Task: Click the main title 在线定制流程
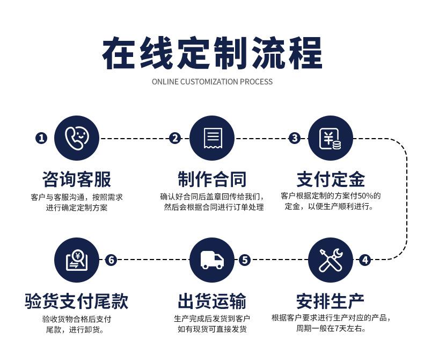click(212, 53)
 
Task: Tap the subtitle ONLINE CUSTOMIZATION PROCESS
click(212, 82)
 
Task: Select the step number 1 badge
click(41, 138)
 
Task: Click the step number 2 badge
click(175, 138)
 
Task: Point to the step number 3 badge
click(295, 138)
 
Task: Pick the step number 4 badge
click(365, 260)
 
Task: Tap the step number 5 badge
click(245, 260)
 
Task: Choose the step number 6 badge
click(111, 260)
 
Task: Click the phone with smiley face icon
click(77, 138)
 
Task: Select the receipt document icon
click(212, 138)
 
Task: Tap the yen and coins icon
click(331, 138)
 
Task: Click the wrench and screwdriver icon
click(331, 260)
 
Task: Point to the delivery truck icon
click(212, 260)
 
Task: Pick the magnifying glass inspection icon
click(77, 260)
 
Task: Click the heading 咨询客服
click(77, 179)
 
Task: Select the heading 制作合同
click(212, 179)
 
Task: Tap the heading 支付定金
click(331, 179)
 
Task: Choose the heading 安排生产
click(331, 301)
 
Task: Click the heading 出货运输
click(212, 301)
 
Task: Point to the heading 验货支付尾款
click(77, 301)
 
